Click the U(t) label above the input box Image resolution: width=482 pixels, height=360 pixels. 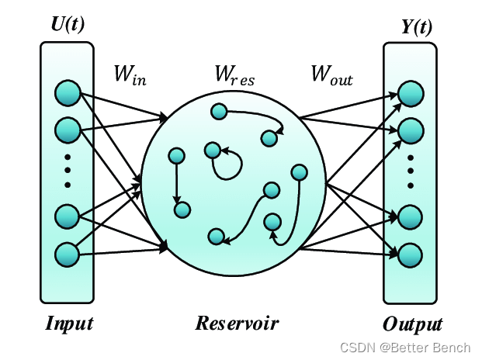pyautogui.click(x=67, y=24)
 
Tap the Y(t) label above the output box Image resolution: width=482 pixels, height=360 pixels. pyautogui.click(x=417, y=27)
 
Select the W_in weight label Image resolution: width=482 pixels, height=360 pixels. pyautogui.click(x=130, y=75)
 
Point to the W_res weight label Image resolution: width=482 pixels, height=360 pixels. pyautogui.click(x=234, y=75)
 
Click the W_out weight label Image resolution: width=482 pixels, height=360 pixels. pyautogui.click(x=331, y=75)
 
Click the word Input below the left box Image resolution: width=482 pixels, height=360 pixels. pyautogui.click(x=69, y=323)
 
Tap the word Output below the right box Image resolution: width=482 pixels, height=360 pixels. pyautogui.click(x=412, y=324)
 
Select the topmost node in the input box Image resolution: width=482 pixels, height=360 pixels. pyautogui.click(x=68, y=94)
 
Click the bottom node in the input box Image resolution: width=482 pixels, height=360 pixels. pyautogui.click(x=68, y=254)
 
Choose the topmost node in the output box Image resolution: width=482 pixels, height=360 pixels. pyautogui.click(x=411, y=94)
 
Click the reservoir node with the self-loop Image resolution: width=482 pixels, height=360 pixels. pyautogui.click(x=212, y=150)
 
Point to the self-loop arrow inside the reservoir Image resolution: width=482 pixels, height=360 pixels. pyautogui.click(x=232, y=162)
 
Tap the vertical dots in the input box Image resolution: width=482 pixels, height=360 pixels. pyautogui.click(x=68, y=170)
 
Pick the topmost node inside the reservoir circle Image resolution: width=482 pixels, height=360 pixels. pyautogui.click(x=219, y=113)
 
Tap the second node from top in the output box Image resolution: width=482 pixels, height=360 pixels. pyautogui.click(x=411, y=130)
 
